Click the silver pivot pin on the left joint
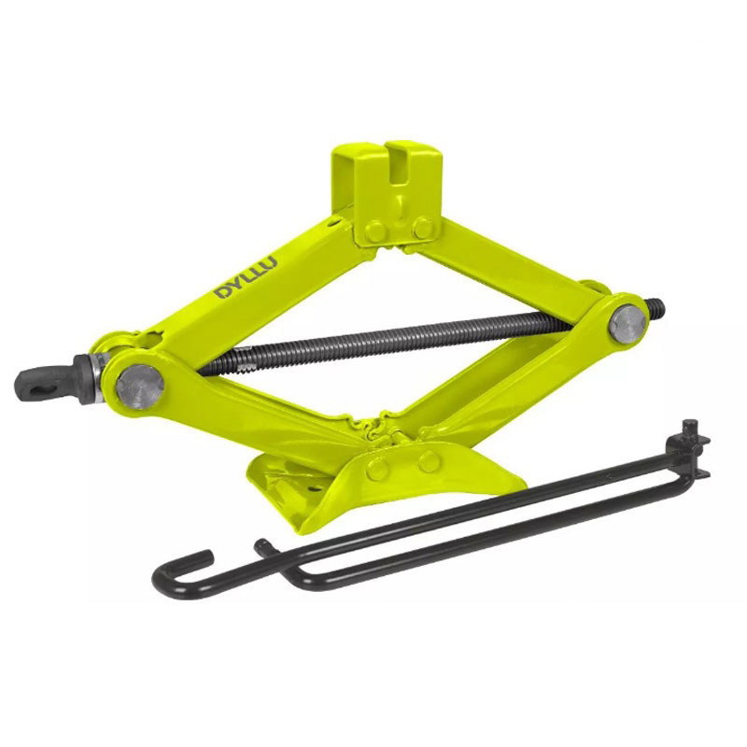[140, 388]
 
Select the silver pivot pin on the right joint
[627, 325]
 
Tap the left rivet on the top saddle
[375, 232]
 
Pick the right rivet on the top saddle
[422, 228]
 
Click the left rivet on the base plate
[377, 470]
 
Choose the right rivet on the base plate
[430, 461]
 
